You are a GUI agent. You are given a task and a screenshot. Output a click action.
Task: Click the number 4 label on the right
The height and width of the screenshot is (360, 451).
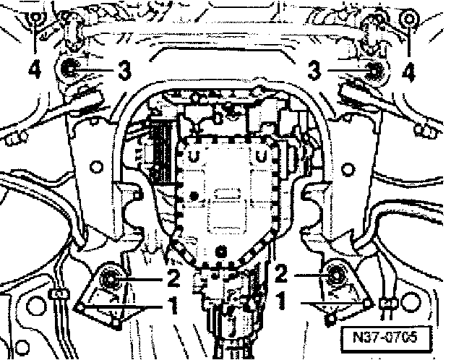pos(410,71)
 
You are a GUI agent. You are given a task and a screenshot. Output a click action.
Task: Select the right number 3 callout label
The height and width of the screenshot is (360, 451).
pos(313,70)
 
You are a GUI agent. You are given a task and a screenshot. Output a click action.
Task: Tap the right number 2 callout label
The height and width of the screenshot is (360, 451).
pos(281,274)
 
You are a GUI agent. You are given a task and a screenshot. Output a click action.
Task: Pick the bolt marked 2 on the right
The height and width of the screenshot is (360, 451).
pos(335,275)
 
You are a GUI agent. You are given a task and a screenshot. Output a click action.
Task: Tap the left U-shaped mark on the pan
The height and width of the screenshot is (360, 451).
pos(193,156)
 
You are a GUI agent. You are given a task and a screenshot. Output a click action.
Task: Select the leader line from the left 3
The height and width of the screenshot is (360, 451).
pos(99,70)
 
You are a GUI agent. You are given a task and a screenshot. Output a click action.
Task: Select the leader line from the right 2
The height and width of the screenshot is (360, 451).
pos(307,275)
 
